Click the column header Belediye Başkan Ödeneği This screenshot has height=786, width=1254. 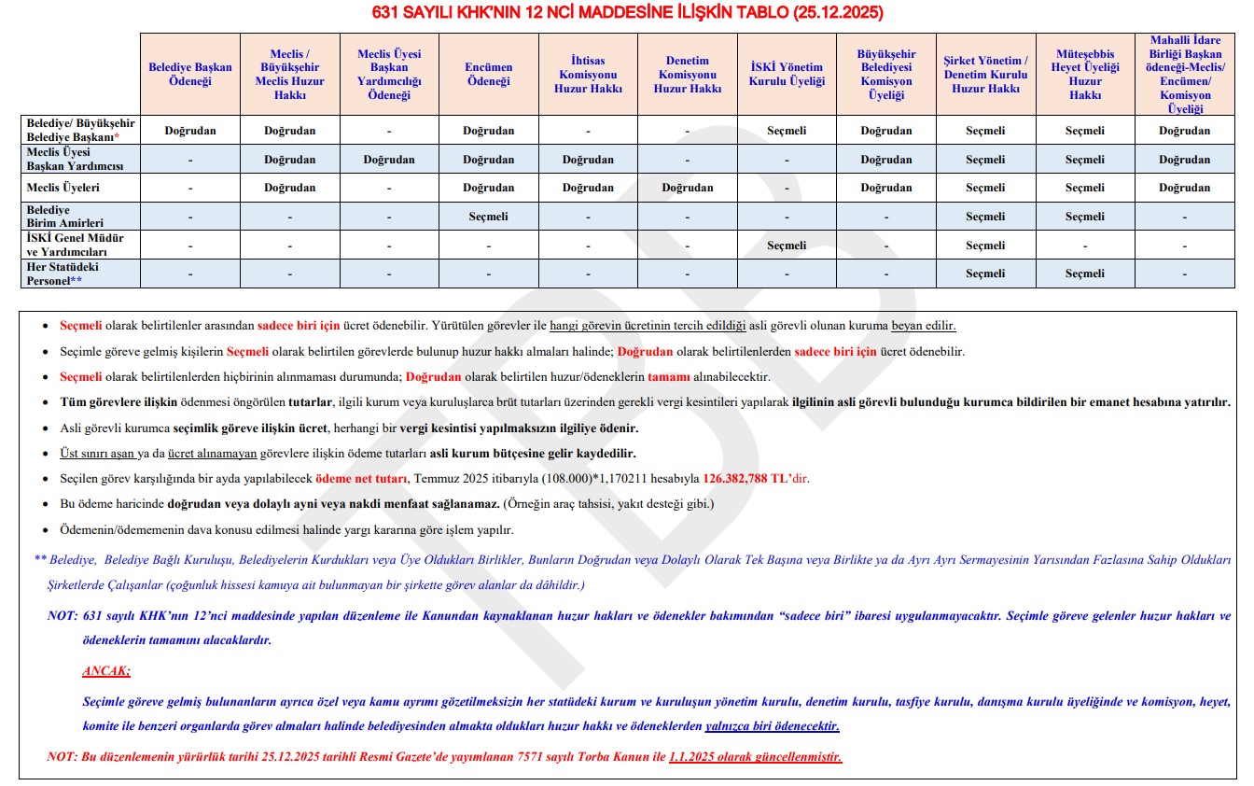coord(190,74)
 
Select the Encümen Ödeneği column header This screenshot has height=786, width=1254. coord(489,74)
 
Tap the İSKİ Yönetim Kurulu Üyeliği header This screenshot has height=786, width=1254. coord(787,74)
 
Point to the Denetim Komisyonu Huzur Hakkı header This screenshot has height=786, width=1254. coord(688,75)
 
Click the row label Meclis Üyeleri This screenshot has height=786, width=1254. coord(63,188)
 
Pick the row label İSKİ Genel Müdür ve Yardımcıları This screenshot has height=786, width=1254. coord(75,245)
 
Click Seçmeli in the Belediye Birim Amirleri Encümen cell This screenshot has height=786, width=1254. coord(489,217)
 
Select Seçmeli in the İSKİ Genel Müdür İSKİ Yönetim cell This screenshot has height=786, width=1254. coord(787,246)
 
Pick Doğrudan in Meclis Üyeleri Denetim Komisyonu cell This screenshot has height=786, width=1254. coord(688,188)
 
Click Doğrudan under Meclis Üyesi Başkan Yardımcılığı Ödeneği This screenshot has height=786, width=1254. coord(389,160)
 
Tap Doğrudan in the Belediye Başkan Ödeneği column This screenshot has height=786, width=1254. coord(190,131)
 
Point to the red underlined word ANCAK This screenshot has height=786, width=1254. coord(106,671)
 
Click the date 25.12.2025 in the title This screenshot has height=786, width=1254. coord(837,13)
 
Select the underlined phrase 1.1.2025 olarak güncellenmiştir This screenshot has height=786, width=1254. coord(755,756)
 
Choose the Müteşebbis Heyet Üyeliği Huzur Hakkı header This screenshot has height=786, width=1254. coord(1085,74)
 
